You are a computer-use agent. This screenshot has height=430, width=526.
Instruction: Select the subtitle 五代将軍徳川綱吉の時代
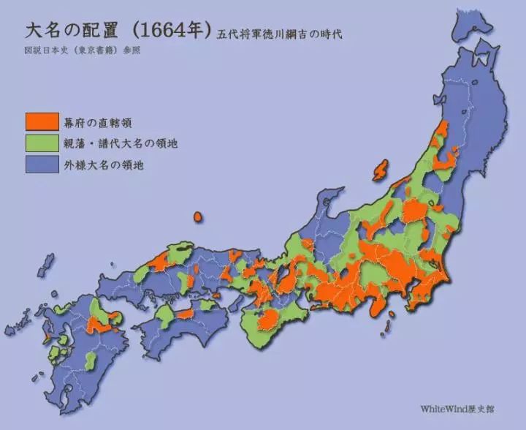[278, 34]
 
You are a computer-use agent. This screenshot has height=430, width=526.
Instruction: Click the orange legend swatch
[42, 121]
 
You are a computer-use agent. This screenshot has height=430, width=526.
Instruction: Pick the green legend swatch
[42, 143]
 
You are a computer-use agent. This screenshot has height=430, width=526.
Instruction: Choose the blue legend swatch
[42, 165]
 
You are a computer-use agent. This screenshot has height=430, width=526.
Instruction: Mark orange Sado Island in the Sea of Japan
[381, 170]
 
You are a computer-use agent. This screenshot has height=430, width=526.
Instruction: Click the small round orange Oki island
[197, 217]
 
